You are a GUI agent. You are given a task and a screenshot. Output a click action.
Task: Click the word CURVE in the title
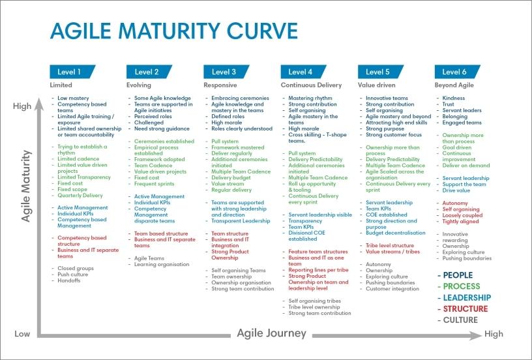pos(262,31)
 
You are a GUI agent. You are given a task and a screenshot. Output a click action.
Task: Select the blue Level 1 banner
pos(72,72)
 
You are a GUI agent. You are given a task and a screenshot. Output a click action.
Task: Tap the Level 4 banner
pos(303,72)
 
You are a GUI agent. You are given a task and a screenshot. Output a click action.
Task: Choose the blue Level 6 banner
pos(458,72)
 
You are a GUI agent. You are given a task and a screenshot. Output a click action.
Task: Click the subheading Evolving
pos(139,85)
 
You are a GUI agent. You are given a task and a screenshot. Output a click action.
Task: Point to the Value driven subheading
pos(376,85)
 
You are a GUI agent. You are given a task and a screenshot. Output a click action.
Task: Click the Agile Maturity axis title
pos(26,186)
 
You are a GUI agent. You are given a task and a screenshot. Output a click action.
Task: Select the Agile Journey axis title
pos(271,333)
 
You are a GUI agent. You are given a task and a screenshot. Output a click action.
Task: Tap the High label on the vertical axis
pos(22,106)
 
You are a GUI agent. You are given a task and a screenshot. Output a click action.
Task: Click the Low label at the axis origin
pos(22,334)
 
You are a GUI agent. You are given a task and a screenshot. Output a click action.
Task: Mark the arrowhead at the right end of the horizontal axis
pos(477,336)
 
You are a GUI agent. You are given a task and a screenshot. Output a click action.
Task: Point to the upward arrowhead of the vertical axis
pos(39,104)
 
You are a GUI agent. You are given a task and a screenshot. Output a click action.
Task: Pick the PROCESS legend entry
pos(462,286)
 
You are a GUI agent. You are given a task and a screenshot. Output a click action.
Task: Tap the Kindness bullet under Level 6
pos(453,98)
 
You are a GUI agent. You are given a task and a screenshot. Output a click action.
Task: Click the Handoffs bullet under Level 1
pos(69,280)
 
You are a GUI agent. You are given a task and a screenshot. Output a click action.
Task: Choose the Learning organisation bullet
pos(162,264)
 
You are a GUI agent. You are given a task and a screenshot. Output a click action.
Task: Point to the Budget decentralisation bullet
pos(395,233)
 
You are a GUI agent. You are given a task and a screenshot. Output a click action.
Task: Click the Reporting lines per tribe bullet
pos(318,270)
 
